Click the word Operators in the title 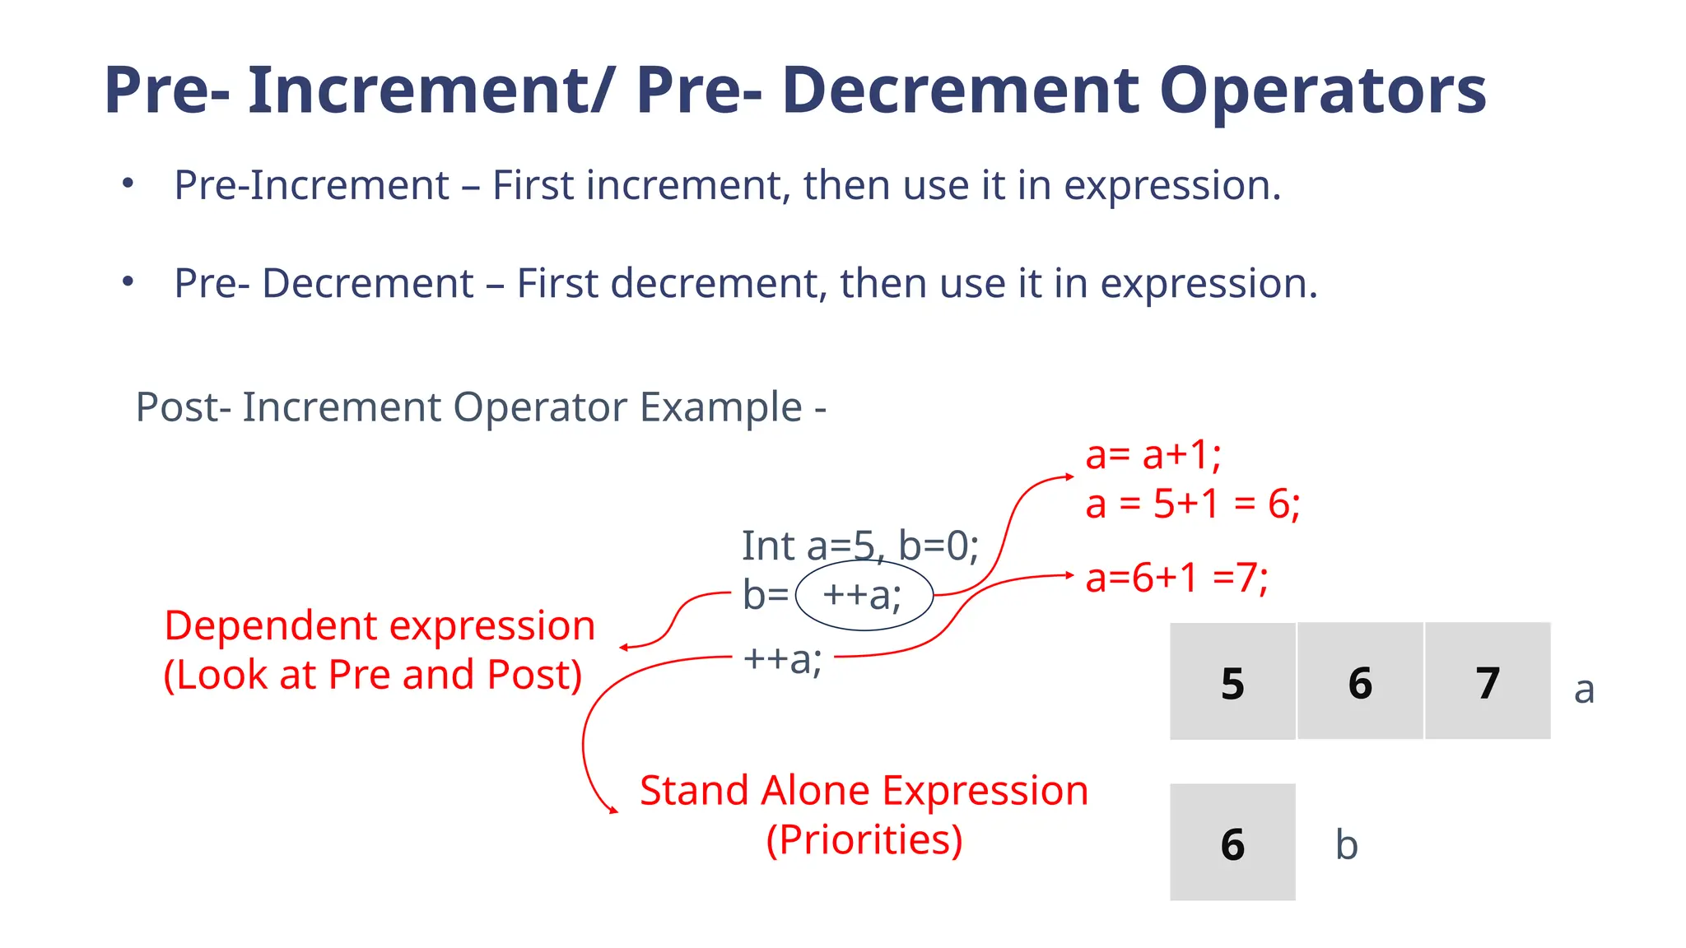click(x=1322, y=91)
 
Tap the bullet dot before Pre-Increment click(x=128, y=183)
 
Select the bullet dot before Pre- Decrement click(x=128, y=281)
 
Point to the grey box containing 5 click(x=1232, y=681)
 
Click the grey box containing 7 click(x=1488, y=681)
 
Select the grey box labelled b click(x=1232, y=842)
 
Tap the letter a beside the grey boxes click(x=1584, y=690)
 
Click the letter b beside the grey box click(x=1346, y=845)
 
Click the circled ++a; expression click(x=863, y=595)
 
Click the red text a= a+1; click(x=1153, y=454)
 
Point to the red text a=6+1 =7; click(x=1176, y=578)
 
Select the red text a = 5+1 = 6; click(x=1192, y=504)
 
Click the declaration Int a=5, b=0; click(x=860, y=546)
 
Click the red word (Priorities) click(x=864, y=840)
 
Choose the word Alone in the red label click(x=815, y=791)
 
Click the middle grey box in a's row click(x=1360, y=681)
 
